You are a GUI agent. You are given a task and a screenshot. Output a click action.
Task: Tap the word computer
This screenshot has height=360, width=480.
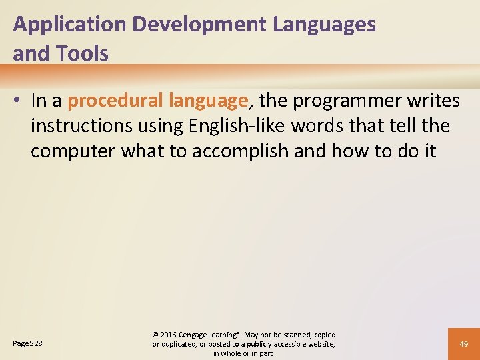pyautogui.click(x=73, y=151)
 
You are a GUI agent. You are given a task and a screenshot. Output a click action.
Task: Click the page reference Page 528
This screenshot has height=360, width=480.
pyautogui.click(x=27, y=344)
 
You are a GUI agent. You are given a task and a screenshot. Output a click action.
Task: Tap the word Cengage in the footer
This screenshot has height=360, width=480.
pyautogui.click(x=198, y=335)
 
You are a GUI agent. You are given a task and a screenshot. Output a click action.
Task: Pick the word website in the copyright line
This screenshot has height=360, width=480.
pyautogui.click(x=319, y=344)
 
